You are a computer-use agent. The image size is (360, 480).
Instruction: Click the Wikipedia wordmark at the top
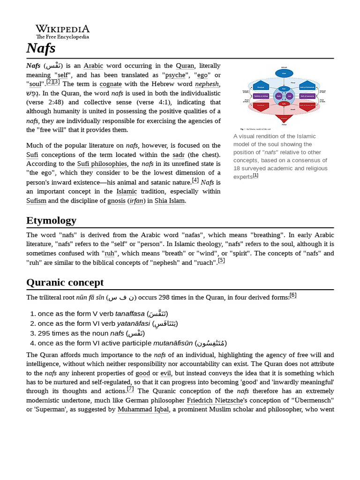[62, 29]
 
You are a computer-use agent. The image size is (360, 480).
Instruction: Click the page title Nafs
[41, 48]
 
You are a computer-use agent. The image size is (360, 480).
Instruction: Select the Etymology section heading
[51, 220]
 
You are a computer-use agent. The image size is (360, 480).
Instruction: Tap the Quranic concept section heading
[65, 282]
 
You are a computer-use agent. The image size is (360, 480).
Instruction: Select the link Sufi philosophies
[102, 164]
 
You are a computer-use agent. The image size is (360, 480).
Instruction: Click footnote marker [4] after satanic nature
[195, 180]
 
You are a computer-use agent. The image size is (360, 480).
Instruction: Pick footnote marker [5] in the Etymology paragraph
[221, 261]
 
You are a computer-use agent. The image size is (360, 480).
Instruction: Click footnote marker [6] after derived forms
[293, 295]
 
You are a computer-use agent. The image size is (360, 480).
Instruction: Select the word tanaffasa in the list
[130, 314]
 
